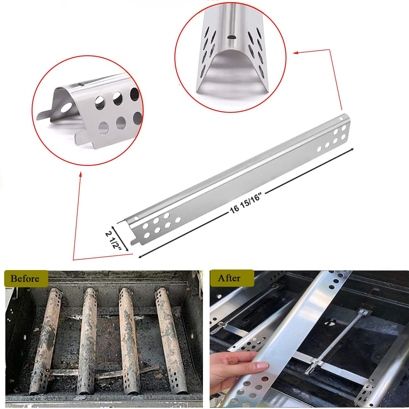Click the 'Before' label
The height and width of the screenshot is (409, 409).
(x=25, y=278)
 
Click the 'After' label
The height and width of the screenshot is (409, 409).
(x=229, y=278)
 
